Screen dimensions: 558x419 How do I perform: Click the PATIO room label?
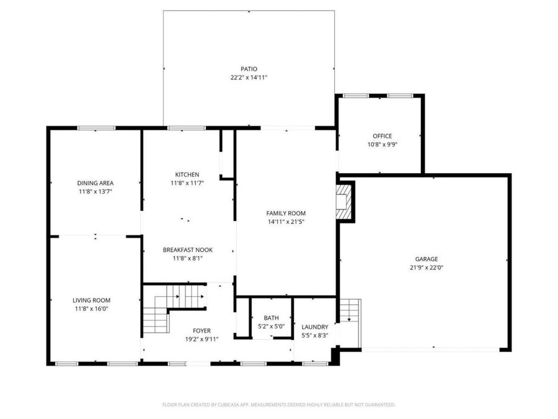(249, 69)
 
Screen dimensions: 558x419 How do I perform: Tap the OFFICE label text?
(382, 136)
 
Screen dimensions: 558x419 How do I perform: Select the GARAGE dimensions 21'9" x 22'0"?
(427, 268)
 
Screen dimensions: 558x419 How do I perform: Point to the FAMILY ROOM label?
(286, 213)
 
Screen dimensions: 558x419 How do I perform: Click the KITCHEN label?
(187, 174)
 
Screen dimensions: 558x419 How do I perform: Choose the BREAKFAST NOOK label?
(187, 250)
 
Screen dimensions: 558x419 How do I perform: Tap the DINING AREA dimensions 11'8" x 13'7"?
(95, 192)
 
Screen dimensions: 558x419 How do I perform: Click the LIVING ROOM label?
(92, 300)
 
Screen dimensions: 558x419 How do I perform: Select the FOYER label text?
(201, 331)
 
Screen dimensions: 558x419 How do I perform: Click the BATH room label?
(271, 318)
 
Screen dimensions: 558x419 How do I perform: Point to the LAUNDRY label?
(314, 327)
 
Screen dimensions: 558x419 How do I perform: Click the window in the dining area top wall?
(97, 128)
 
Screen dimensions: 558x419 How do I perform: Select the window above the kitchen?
(187, 128)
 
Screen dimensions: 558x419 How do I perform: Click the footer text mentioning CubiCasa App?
(278, 405)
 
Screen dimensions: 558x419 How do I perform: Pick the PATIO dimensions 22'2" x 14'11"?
(249, 78)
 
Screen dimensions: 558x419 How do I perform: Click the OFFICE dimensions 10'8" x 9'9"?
(382, 145)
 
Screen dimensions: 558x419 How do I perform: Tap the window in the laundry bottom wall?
(316, 364)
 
